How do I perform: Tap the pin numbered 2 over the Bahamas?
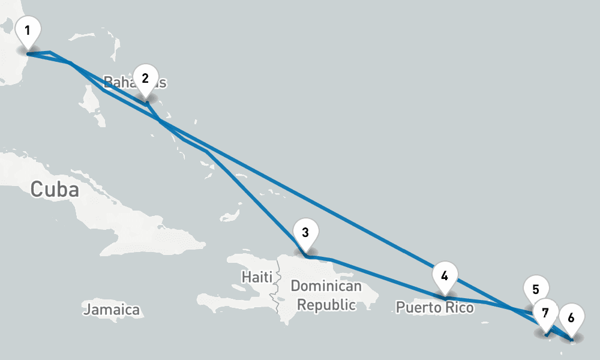coord(145,80)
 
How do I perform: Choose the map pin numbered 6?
coord(571,319)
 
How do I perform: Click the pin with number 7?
coord(545,314)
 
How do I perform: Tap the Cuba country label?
coord(55,190)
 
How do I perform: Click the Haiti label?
coord(256,277)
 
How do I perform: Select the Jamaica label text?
coord(111,310)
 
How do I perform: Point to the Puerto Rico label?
coord(434,308)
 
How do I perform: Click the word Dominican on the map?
coord(326,286)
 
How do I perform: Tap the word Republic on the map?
coord(326,305)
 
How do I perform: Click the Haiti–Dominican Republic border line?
coord(277,288)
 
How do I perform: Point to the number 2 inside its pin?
coord(145,78)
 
